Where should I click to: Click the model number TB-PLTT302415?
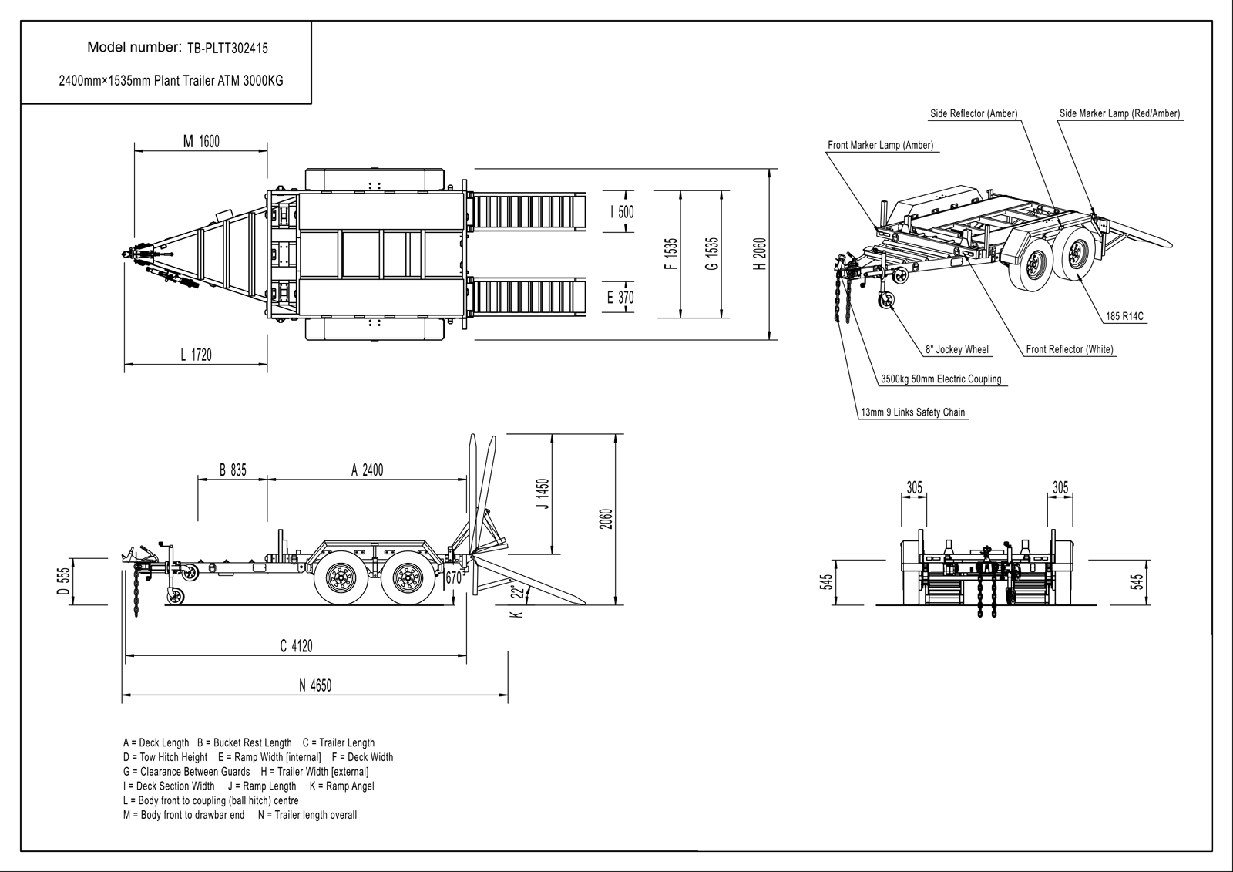[228, 48]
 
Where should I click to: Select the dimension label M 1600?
[200, 141]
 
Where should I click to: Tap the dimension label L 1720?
[196, 355]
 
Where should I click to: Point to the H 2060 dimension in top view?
[761, 254]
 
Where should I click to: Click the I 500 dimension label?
[622, 211]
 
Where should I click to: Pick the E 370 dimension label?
[620, 297]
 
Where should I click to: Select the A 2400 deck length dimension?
[367, 470]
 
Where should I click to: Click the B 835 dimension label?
[232, 470]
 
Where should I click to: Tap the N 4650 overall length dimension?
[315, 685]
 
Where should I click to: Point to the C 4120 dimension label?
[297, 646]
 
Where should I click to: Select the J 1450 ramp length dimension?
[543, 495]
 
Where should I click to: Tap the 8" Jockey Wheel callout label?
[956, 349]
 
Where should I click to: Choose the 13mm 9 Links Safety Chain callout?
[912, 412]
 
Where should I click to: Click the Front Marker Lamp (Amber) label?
[880, 145]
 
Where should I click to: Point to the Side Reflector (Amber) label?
[973, 114]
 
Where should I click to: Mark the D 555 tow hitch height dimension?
[65, 581]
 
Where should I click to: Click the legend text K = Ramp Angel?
[341, 786]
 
